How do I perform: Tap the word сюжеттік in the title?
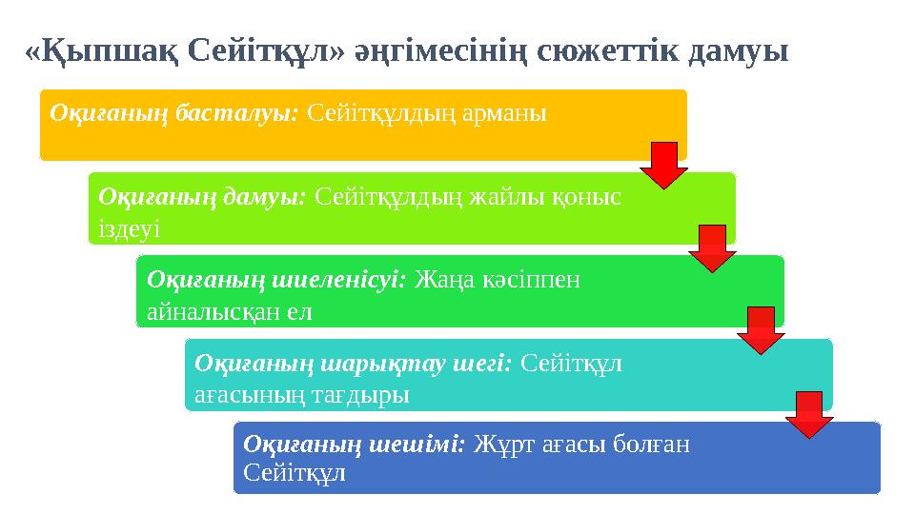point(613,49)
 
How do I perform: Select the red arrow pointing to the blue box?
point(809,415)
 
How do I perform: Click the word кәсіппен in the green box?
point(535,280)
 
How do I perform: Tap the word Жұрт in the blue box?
point(499,444)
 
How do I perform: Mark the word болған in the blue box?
point(648,444)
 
